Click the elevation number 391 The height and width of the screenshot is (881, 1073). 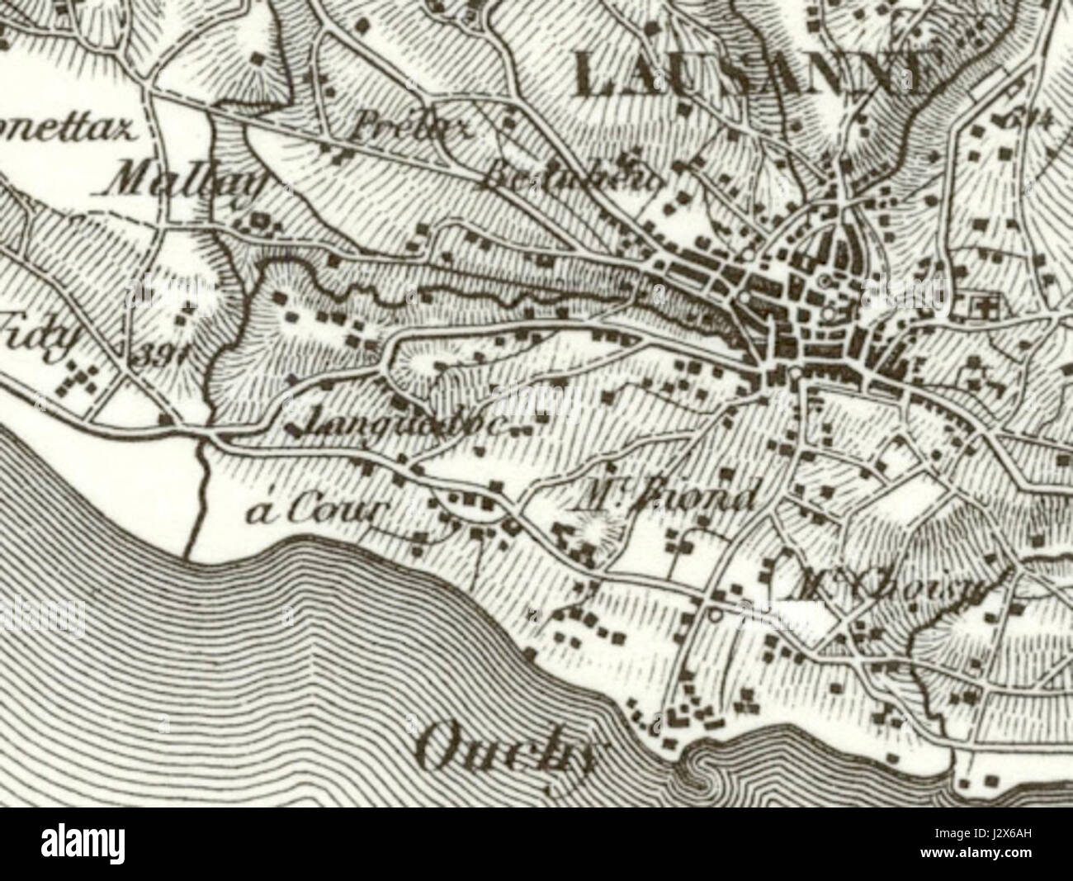click(x=161, y=355)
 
